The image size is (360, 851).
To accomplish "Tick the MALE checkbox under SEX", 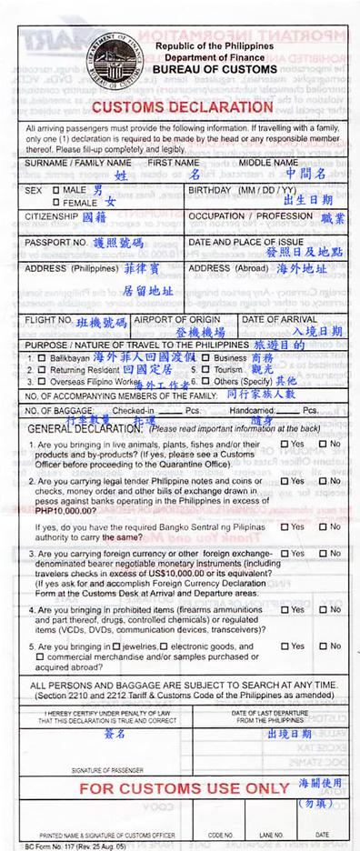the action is coord(55,190).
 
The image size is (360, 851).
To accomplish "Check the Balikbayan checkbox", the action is coord(30,358).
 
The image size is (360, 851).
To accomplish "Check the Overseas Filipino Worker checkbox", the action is coord(30,384).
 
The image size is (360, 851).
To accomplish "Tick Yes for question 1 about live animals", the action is coord(284,444).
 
